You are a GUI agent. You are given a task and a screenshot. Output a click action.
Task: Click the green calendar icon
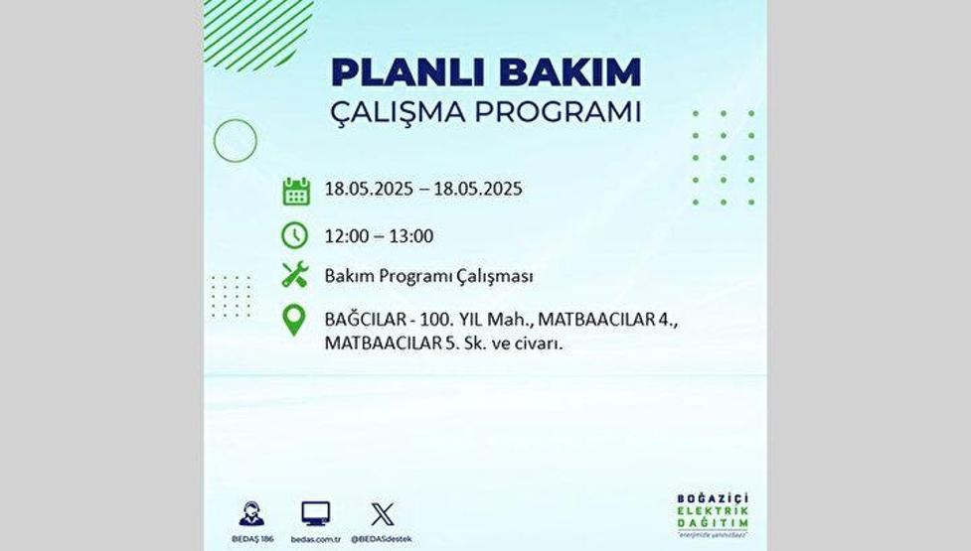click(295, 191)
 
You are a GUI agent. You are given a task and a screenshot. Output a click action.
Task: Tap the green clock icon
click(295, 235)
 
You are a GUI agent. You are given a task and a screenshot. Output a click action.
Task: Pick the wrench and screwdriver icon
click(295, 275)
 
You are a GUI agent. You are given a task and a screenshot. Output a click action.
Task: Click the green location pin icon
click(294, 321)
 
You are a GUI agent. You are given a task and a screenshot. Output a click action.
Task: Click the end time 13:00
click(411, 236)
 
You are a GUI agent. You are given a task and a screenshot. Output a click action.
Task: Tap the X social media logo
click(382, 514)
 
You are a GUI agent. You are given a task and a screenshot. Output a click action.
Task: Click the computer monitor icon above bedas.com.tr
click(316, 514)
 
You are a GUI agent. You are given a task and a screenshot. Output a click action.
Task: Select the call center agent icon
click(251, 514)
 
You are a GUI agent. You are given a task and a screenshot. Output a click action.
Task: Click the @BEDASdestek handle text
click(382, 538)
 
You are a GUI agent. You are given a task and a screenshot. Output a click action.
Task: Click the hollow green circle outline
click(236, 140)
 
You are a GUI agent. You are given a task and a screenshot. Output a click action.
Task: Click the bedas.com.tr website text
click(316, 538)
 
